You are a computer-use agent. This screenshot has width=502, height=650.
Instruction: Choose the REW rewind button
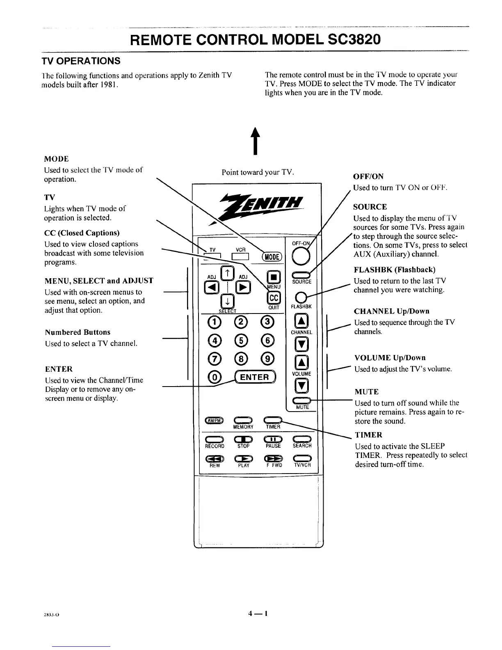click(214, 459)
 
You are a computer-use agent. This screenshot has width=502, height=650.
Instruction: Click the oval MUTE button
click(302, 401)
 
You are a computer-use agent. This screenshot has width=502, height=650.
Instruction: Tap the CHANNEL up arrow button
click(301, 321)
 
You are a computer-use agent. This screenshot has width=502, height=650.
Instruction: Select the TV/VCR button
click(303, 458)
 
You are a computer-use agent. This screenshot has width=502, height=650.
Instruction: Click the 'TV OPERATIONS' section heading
click(81, 61)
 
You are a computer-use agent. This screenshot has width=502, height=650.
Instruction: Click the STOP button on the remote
click(243, 439)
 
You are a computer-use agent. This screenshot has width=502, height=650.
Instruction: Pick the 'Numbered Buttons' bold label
click(78, 332)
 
